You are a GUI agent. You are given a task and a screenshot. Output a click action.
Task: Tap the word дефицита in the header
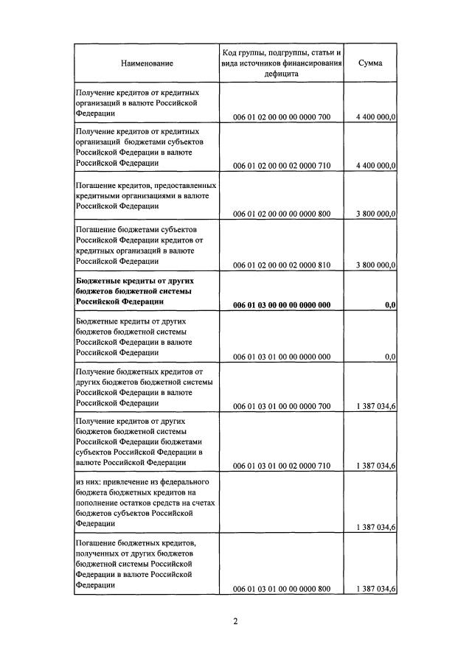click(x=282, y=74)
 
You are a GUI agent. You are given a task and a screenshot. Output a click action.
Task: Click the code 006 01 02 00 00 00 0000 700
click(x=282, y=116)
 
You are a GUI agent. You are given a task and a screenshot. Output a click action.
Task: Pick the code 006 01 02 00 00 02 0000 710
click(x=282, y=165)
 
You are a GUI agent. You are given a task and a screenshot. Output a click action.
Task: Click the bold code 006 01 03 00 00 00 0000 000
click(x=282, y=304)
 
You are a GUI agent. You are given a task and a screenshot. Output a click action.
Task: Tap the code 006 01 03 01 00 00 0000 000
click(x=282, y=357)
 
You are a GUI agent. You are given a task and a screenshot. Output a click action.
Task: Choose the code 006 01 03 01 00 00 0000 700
click(x=282, y=406)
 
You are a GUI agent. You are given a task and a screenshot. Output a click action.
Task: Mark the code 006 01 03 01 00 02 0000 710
click(x=282, y=466)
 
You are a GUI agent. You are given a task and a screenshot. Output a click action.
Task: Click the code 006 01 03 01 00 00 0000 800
click(x=282, y=589)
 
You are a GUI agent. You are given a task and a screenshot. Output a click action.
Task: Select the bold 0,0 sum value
click(x=390, y=304)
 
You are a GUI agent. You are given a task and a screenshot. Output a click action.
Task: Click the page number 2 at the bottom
click(x=235, y=621)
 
